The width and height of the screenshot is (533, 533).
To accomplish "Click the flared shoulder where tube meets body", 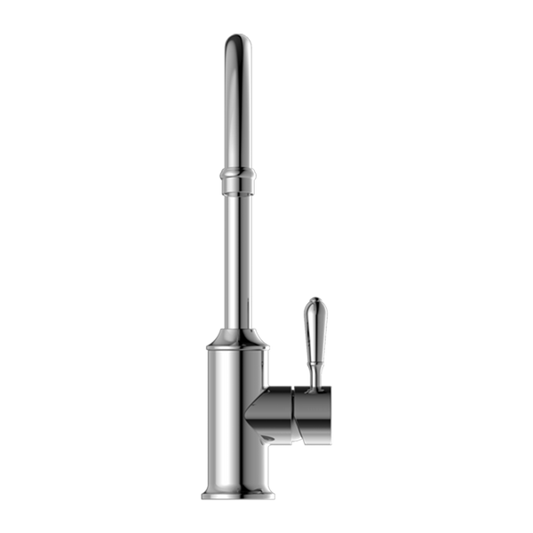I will pos(236,338).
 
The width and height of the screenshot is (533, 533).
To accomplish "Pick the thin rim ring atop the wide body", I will pos(236,351).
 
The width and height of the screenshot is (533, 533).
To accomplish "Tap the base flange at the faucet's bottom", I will pos(236,489).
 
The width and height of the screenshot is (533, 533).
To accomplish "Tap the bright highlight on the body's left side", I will pos(214,418).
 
